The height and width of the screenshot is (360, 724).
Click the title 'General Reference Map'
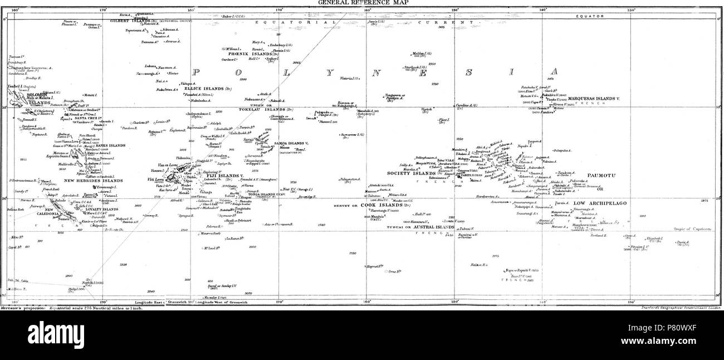tap(361, 2)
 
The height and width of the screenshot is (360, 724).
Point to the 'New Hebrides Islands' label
tap(93, 181)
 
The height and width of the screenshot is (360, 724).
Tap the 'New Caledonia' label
tap(56, 212)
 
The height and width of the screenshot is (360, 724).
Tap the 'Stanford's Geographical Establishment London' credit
tap(680, 308)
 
